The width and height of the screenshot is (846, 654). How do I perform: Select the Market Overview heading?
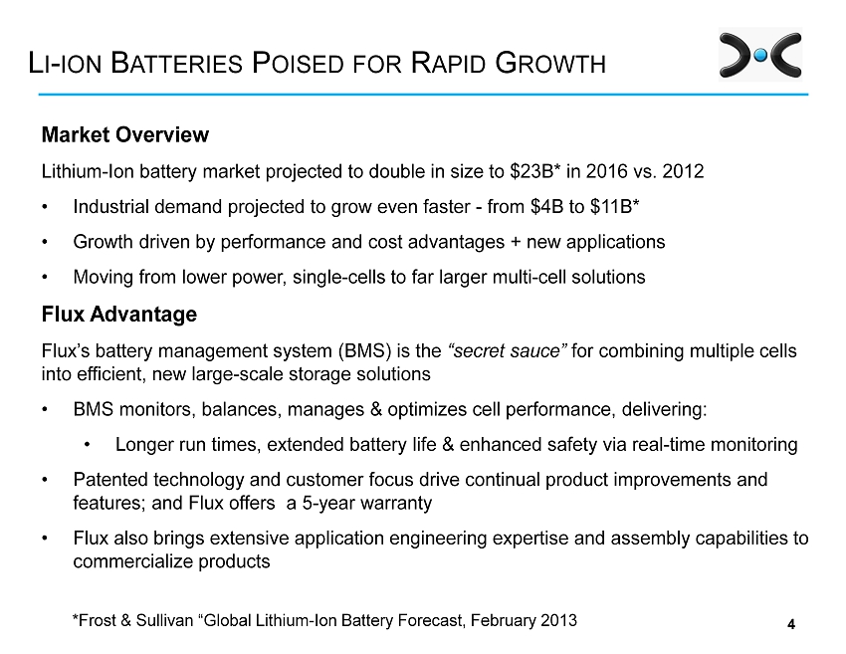pyautogui.click(x=124, y=134)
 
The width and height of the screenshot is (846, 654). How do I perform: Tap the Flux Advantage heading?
pyautogui.click(x=118, y=315)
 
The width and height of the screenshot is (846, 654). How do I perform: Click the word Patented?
pyautogui.click(x=109, y=480)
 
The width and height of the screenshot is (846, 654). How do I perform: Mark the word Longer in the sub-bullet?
pyautogui.click(x=144, y=444)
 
